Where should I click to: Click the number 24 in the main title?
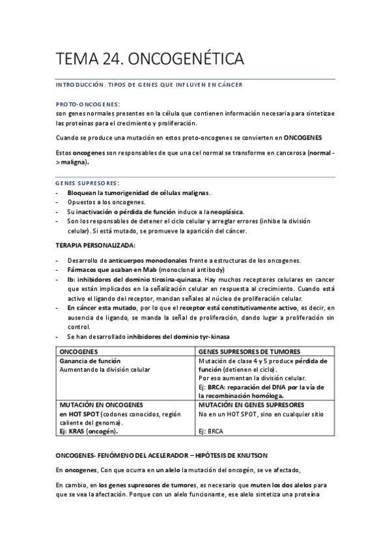coord(107,60)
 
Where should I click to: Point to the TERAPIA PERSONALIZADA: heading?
coord(96,245)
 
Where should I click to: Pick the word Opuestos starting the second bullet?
coord(83,202)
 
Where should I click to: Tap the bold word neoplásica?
coord(225,212)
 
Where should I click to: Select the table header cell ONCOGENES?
coord(79,351)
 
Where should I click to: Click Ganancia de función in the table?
coord(90,361)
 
